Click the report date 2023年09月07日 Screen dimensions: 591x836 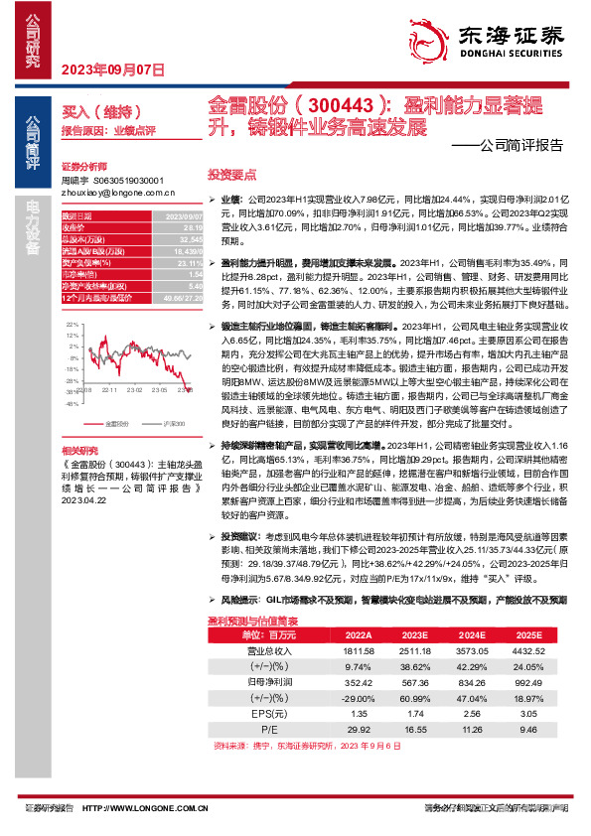pyautogui.click(x=112, y=70)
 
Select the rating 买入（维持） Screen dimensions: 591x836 pyautogui.click(x=87, y=113)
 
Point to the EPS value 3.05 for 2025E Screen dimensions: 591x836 pyautogui.click(x=532, y=712)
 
